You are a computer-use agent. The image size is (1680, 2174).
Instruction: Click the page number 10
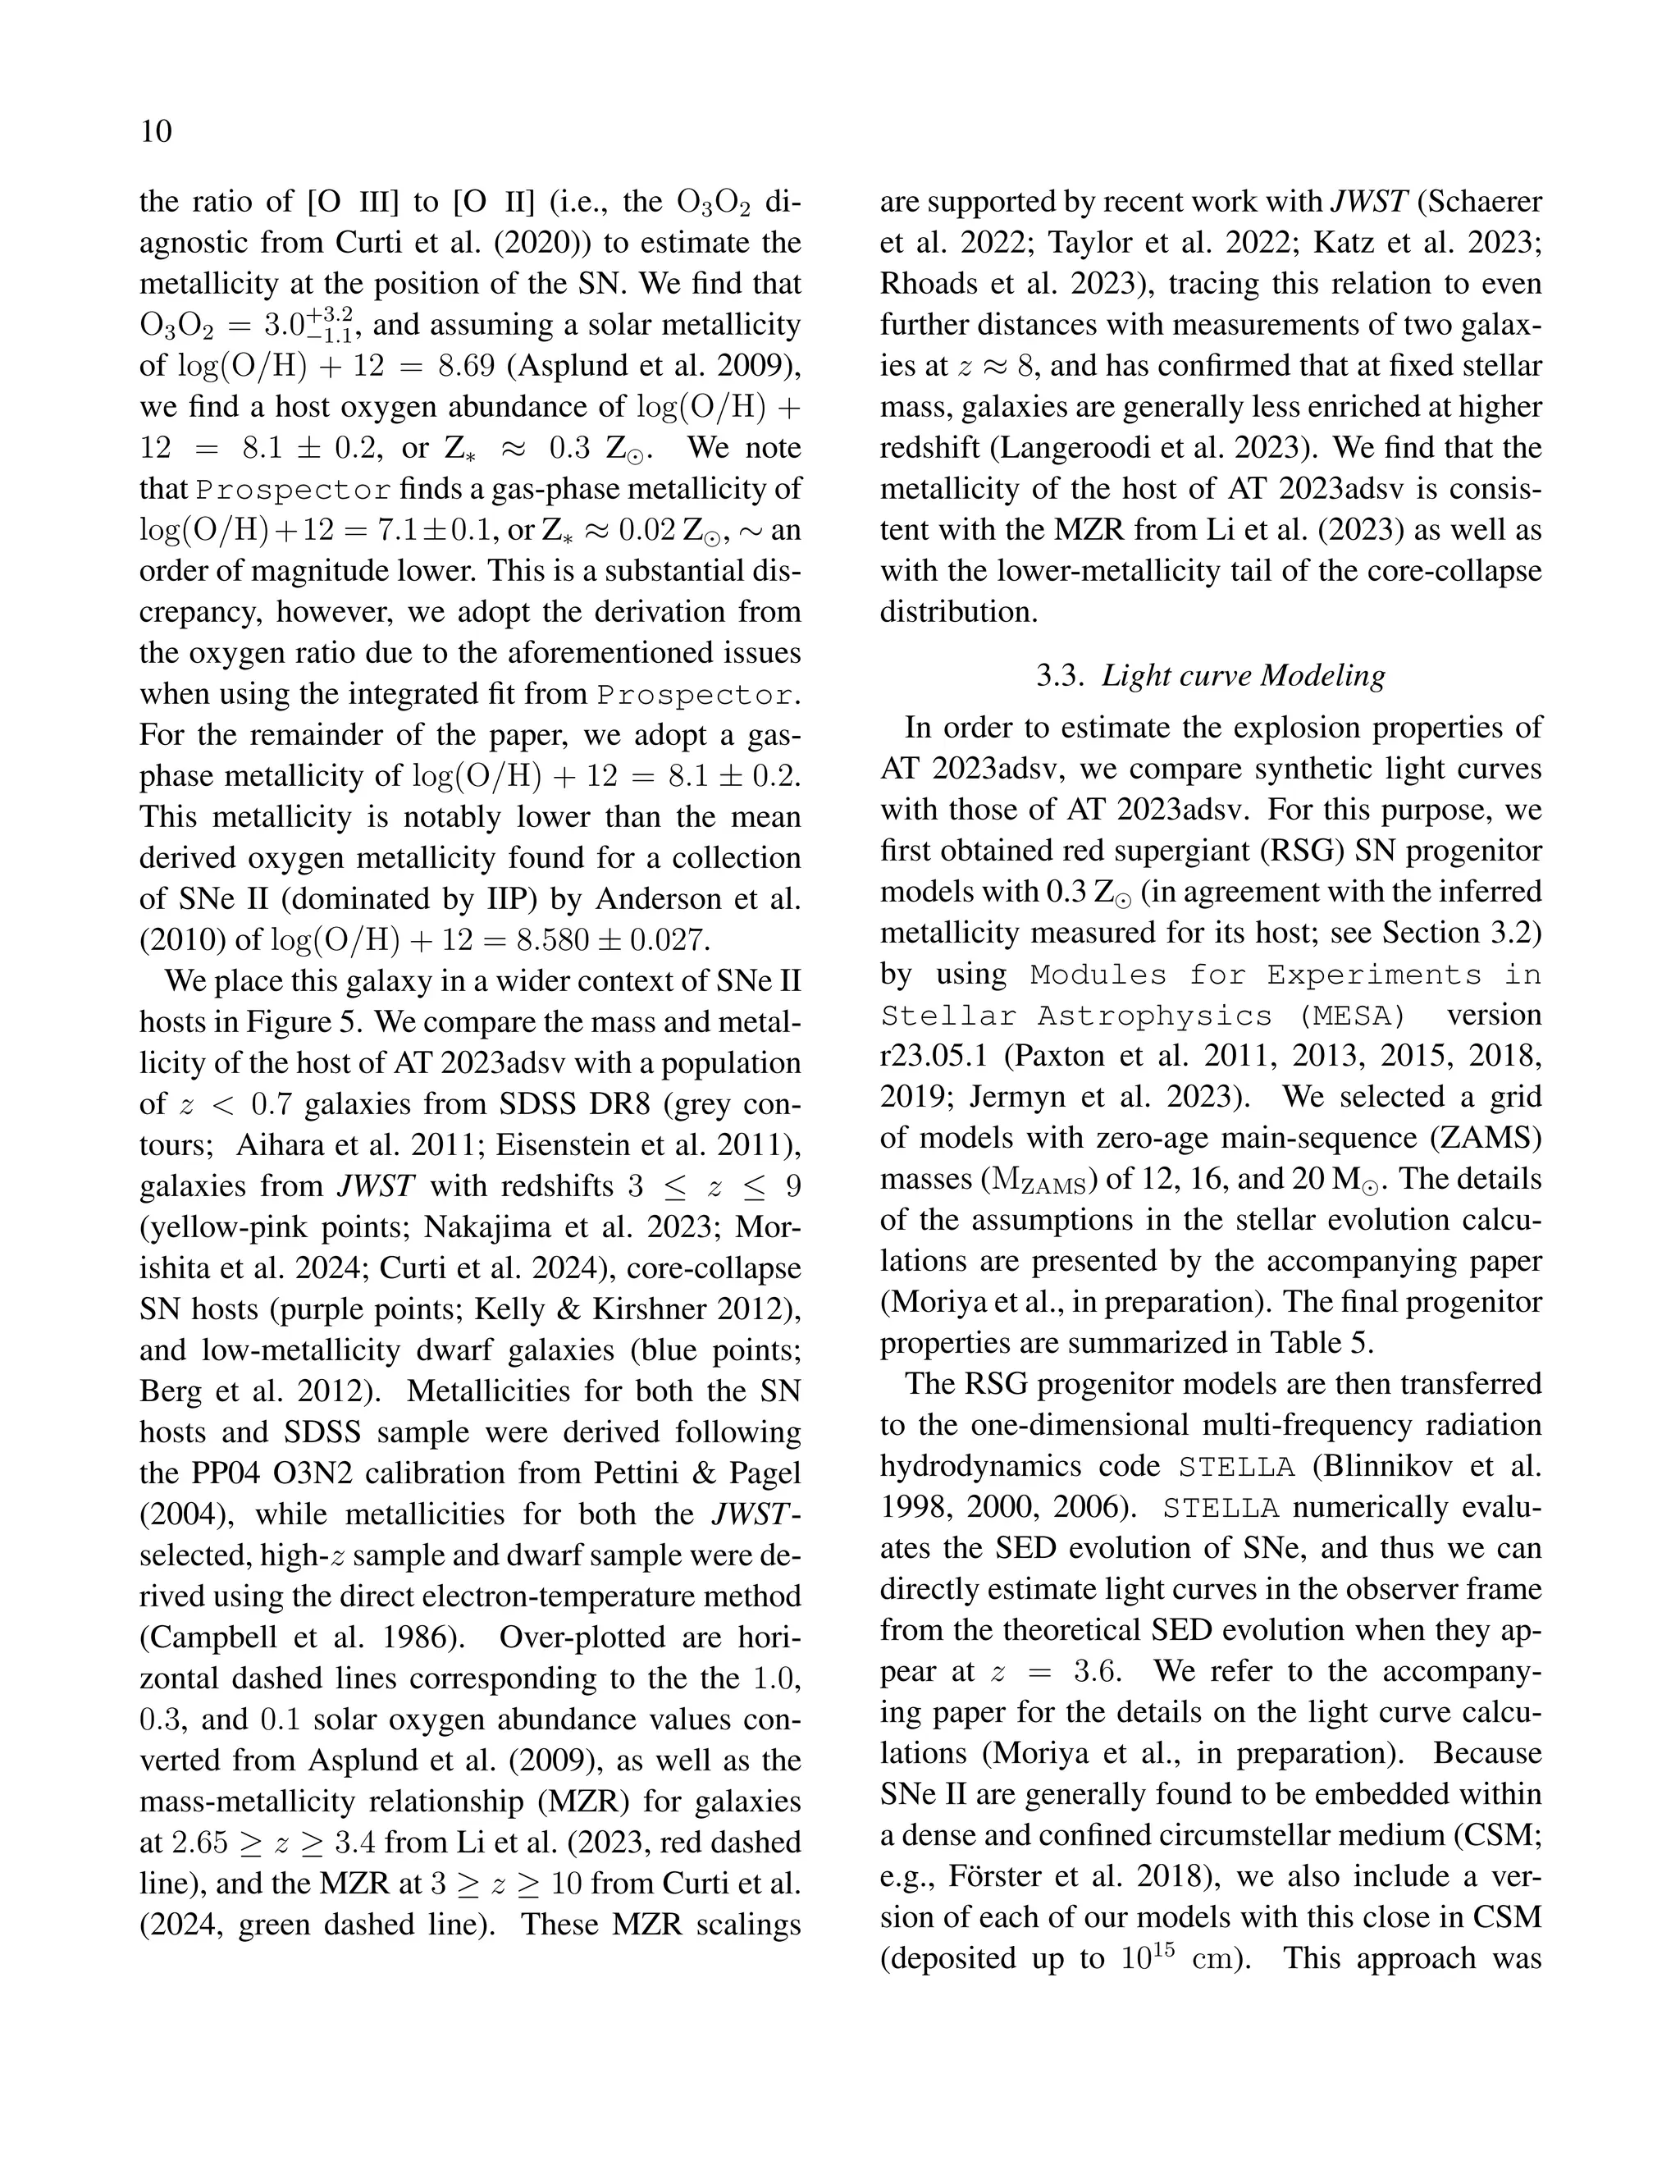pos(156,131)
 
